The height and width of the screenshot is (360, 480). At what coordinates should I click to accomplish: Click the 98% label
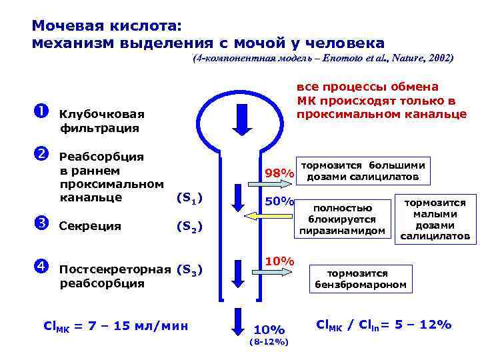[279, 174]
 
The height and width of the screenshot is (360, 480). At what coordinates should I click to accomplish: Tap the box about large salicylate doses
[363, 171]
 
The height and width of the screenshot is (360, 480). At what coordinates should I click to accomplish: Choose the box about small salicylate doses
[435, 219]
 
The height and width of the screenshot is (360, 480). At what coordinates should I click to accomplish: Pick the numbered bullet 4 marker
[38, 267]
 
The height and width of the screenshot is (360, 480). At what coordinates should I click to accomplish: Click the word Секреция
[91, 226]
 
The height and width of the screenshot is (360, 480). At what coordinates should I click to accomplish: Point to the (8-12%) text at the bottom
[268, 342]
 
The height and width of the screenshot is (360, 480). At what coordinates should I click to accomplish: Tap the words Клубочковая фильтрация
[101, 121]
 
